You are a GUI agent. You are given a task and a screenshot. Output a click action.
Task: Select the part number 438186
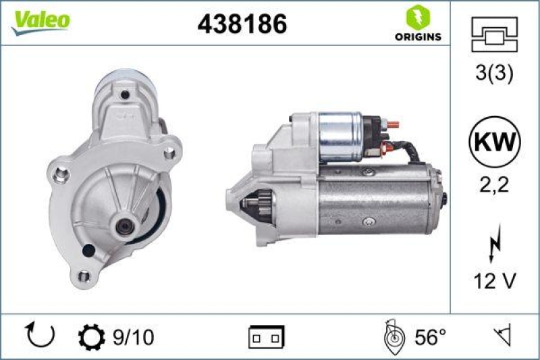tap(242, 24)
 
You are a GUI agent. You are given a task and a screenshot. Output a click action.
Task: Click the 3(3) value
tap(495, 74)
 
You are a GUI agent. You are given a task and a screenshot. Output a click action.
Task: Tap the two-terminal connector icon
tap(267, 336)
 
